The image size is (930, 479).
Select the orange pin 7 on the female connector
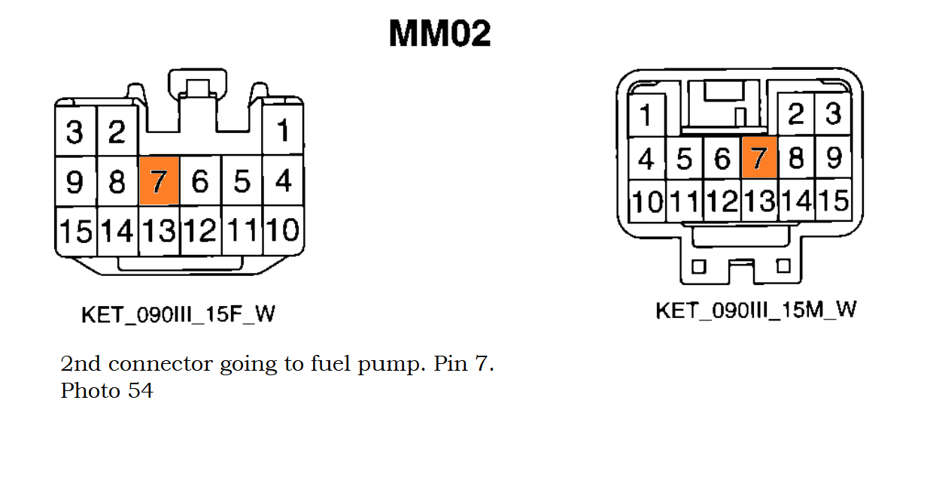pos(159,180)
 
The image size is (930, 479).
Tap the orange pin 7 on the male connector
pos(758,158)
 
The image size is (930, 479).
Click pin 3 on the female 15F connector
pos(74,132)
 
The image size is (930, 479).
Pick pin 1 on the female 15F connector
pos(283,132)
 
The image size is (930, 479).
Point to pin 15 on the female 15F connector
pos(74,230)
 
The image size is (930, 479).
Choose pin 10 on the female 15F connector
pos(283,230)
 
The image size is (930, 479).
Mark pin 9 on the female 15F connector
pos(74,181)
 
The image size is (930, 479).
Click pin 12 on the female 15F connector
pos(200,230)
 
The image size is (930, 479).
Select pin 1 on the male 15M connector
pos(646,116)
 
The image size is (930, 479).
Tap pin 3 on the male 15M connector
pos(833,114)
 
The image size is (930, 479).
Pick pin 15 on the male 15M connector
pos(834,201)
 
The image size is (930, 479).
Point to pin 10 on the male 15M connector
pos(646,202)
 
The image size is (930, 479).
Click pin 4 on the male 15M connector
pos(646,159)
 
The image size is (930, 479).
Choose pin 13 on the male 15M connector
pos(759,201)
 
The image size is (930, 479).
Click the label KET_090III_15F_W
pos(178,314)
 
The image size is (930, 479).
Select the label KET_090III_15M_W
pos(755,310)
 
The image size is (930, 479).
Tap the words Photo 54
pos(107,391)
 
